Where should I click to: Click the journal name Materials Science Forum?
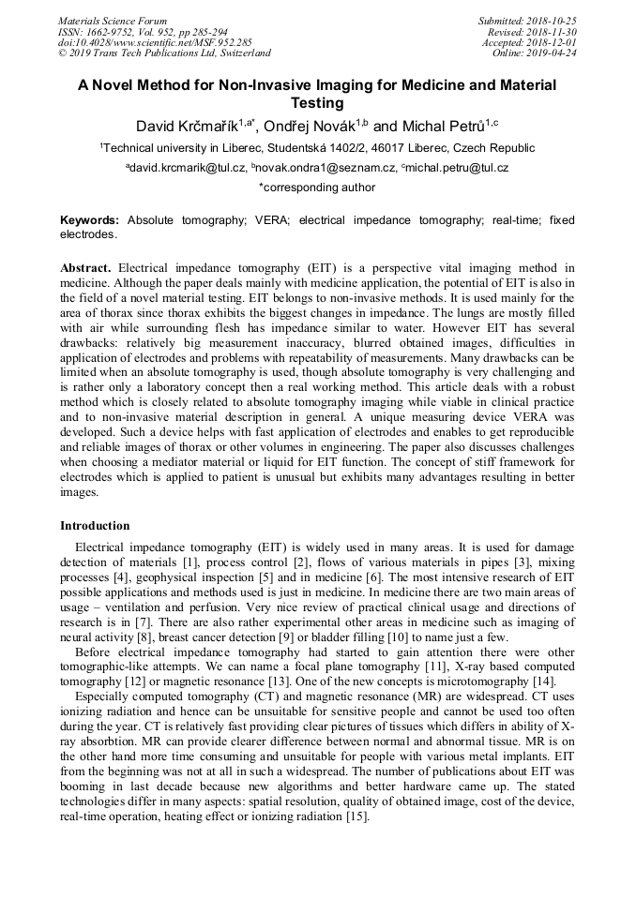tap(113, 21)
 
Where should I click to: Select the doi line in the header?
tap(154, 42)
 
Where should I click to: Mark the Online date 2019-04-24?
tap(556, 53)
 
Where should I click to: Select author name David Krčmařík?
tap(186, 126)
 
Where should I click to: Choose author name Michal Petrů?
tap(437, 126)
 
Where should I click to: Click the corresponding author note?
tap(317, 187)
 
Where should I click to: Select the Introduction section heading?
tap(95, 526)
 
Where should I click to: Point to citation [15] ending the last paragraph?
tap(356, 817)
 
